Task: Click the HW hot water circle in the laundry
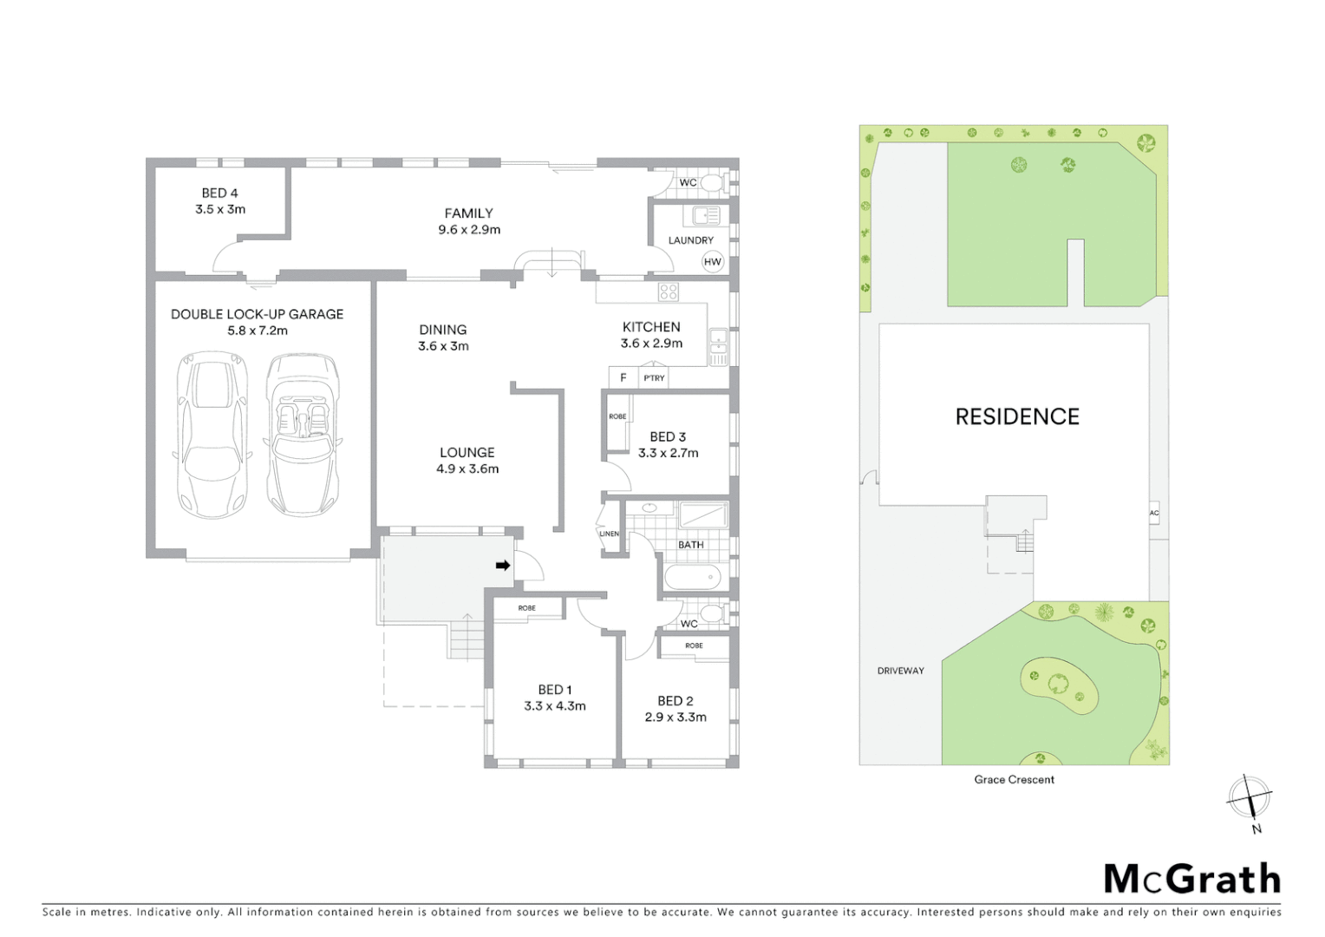click(x=713, y=261)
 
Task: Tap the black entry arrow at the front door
click(x=502, y=566)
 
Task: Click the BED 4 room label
click(x=220, y=193)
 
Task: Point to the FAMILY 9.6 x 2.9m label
click(x=469, y=221)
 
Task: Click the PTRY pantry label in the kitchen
click(x=654, y=377)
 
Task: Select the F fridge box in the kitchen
click(x=623, y=377)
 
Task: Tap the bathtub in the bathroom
click(x=692, y=576)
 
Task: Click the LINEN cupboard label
click(x=610, y=533)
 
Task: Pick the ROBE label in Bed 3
click(x=617, y=416)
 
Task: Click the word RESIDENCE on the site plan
click(x=1017, y=416)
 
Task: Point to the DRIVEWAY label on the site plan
click(x=900, y=671)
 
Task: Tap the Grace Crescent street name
click(x=1014, y=779)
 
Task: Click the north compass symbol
click(x=1250, y=797)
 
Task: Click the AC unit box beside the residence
click(x=1154, y=513)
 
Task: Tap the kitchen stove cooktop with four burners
click(x=668, y=292)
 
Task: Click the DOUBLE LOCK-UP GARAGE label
click(x=257, y=314)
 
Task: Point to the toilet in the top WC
click(x=713, y=183)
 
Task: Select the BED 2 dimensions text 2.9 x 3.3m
click(x=676, y=717)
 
